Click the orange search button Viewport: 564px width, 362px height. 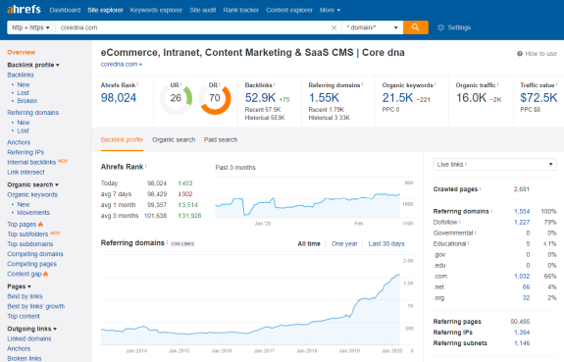(416, 27)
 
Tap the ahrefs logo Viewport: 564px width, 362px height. (24, 9)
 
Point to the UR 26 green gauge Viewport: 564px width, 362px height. (178, 98)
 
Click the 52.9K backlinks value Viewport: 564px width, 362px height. (262, 99)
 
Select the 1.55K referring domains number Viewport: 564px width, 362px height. (324, 99)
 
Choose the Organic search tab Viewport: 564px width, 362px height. (172, 139)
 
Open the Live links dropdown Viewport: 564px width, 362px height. (493, 164)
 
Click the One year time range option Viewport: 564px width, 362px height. (344, 242)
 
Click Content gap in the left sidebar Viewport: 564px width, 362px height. (26, 273)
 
